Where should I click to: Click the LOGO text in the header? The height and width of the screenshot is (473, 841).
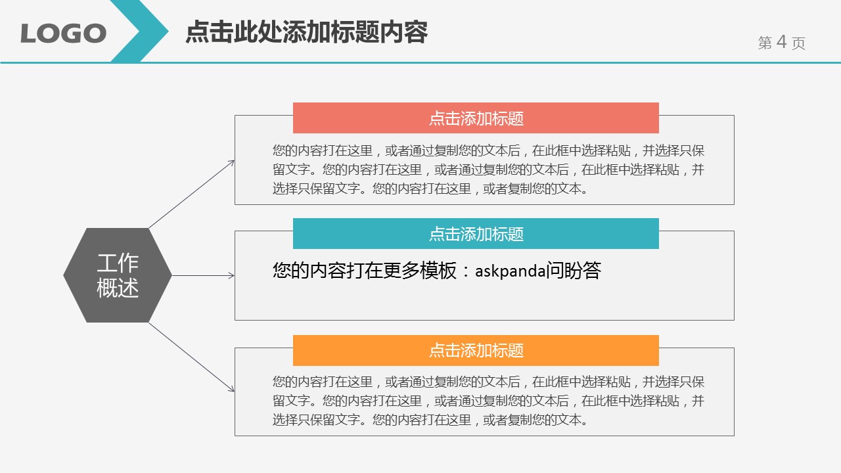63,33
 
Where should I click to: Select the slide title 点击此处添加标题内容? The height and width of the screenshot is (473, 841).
306,32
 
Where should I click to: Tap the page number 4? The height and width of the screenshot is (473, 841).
781,42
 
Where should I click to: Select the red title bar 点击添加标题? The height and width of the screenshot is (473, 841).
476,118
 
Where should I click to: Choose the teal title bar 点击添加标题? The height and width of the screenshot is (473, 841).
476,234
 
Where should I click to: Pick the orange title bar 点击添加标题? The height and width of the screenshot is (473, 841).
476,350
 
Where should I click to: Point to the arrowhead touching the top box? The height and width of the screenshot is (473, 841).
232,162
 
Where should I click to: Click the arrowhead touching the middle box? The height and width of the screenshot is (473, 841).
232,276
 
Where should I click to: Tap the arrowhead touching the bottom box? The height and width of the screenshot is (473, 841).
232,390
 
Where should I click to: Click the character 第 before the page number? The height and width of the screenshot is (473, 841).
765,43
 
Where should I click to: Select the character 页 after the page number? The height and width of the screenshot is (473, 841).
798,43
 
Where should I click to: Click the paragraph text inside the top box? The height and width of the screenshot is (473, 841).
488,169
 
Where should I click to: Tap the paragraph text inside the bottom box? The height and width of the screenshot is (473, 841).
488,401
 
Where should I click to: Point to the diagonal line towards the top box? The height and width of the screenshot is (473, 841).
191,194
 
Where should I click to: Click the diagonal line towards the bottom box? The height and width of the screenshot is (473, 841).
191,357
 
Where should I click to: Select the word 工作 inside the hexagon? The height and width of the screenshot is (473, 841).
118,263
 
